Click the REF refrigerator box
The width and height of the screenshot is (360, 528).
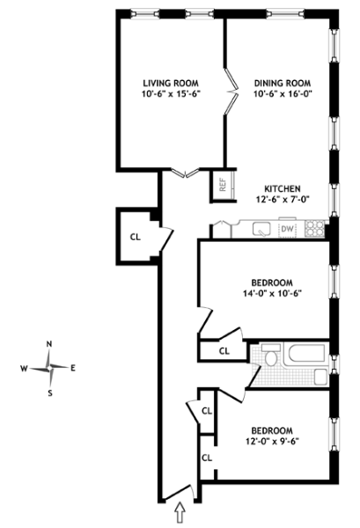click(223, 185)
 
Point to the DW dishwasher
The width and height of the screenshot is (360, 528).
click(287, 230)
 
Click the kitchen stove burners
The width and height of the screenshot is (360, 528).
click(314, 228)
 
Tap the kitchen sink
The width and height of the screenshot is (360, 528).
click(261, 229)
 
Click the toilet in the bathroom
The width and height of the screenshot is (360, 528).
click(271, 355)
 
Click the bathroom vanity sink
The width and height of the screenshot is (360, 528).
click(320, 377)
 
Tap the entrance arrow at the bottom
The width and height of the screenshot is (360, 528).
click(180, 512)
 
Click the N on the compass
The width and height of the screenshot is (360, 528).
click(49, 344)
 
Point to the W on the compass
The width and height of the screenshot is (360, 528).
click(24, 369)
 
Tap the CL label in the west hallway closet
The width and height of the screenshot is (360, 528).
click(136, 237)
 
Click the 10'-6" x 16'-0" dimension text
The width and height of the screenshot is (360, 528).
click(283, 93)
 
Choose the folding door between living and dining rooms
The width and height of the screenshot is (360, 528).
click(231, 91)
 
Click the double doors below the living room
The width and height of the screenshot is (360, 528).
click(186, 172)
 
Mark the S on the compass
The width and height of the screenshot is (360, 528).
click(50, 393)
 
